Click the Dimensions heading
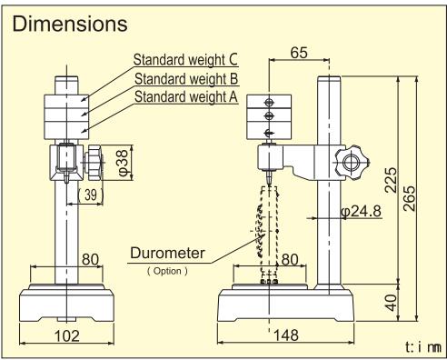70,24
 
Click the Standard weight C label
185,59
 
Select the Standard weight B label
186,79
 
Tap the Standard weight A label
186,97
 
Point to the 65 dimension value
299,53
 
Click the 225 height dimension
391,180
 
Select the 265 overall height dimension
410,198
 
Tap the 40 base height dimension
392,303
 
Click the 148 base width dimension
286,335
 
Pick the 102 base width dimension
67,336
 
